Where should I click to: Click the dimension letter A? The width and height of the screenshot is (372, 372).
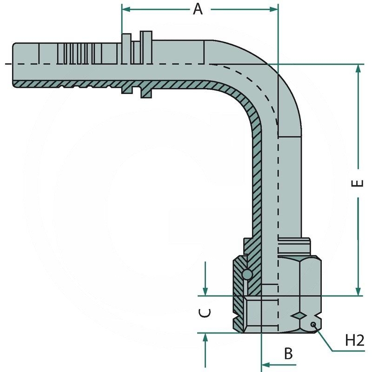coord(198,9)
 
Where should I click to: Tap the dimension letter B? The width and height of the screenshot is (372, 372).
coord(288,353)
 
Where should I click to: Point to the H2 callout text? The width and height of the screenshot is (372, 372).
coord(354,341)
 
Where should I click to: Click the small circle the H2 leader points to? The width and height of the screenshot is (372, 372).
coord(314,324)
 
